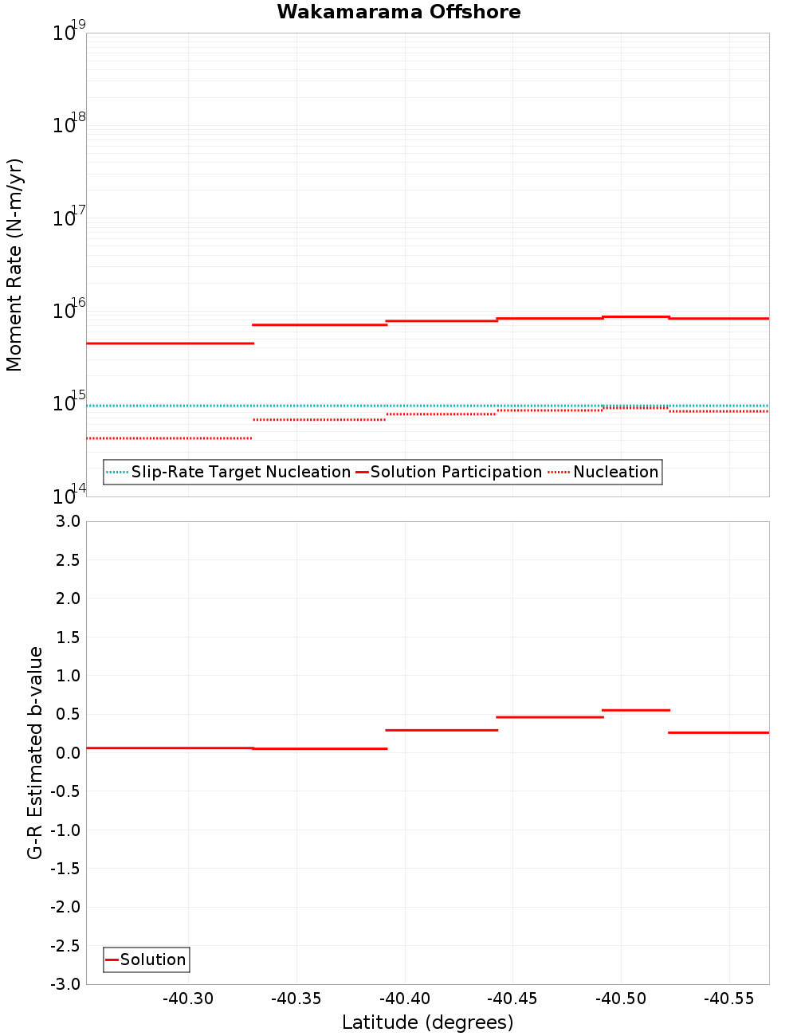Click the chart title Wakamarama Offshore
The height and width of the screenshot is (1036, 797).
(x=398, y=12)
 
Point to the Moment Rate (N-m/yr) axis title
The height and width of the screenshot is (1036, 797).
(x=14, y=265)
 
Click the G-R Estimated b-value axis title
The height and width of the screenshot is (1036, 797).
(x=35, y=753)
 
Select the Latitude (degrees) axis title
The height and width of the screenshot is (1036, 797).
(x=427, y=1022)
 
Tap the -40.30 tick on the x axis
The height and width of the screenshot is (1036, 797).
(x=188, y=999)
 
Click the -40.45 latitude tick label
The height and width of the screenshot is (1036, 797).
(x=512, y=999)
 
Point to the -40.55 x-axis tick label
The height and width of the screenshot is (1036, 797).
(x=729, y=999)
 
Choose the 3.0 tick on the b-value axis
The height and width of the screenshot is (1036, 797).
(x=65, y=522)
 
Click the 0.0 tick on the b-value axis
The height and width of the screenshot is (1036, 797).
(x=65, y=753)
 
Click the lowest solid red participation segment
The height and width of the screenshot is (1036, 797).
(x=170, y=343)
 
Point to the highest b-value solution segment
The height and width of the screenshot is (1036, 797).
(x=635, y=710)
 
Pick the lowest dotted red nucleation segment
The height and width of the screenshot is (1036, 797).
(x=169, y=438)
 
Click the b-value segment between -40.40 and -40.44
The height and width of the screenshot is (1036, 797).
(x=442, y=730)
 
